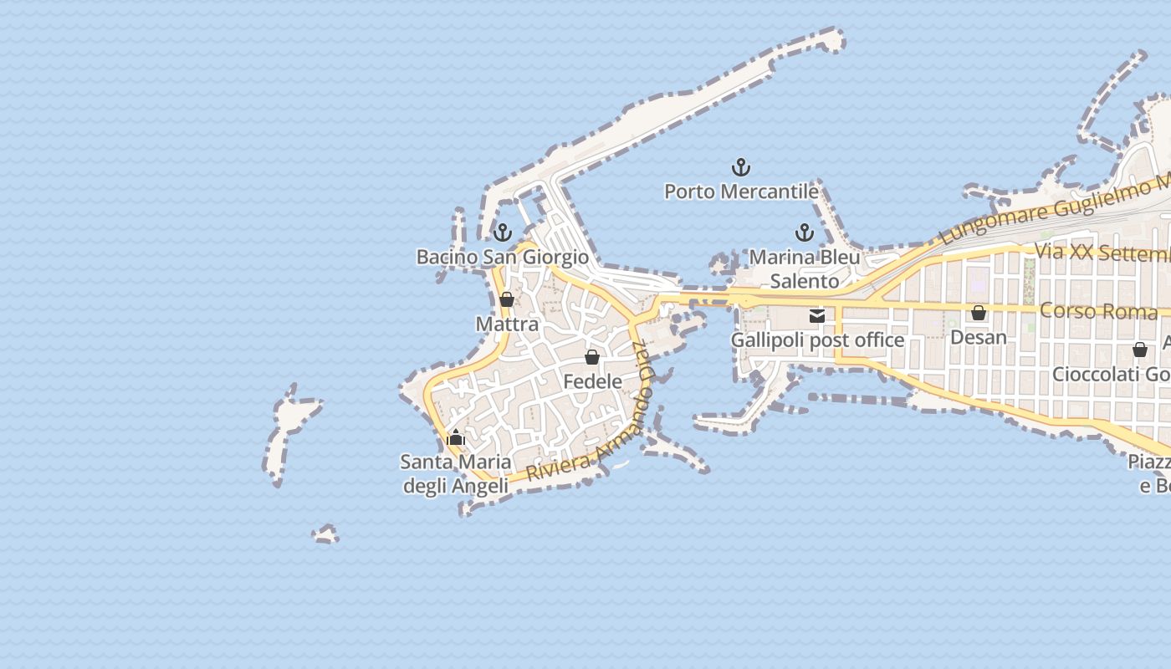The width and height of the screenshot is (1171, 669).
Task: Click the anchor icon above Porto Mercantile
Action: (x=741, y=167)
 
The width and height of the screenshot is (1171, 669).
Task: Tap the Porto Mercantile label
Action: (x=741, y=192)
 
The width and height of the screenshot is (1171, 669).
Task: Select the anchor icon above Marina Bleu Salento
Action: (x=805, y=232)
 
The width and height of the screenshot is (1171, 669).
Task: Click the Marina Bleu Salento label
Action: (x=805, y=268)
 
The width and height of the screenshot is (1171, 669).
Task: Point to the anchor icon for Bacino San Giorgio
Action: (x=503, y=232)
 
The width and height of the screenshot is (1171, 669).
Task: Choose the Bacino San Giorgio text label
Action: (x=503, y=257)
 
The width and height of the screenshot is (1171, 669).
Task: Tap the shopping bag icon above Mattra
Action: (x=507, y=299)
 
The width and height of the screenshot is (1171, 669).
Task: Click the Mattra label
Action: (x=507, y=324)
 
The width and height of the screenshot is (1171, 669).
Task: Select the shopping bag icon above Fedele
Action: (x=592, y=357)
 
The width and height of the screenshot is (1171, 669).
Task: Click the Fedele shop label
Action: (x=592, y=381)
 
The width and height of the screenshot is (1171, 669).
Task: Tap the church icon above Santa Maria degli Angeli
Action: (x=456, y=437)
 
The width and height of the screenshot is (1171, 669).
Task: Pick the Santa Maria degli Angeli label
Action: (x=456, y=473)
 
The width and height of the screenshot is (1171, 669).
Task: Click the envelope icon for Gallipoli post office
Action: (x=817, y=315)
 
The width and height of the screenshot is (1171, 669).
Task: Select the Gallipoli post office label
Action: (x=817, y=340)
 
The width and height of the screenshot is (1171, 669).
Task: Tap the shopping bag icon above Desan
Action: (x=979, y=313)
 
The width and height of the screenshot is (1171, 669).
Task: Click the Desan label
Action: (x=979, y=337)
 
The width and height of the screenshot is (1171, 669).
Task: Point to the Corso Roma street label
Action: (x=1098, y=311)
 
